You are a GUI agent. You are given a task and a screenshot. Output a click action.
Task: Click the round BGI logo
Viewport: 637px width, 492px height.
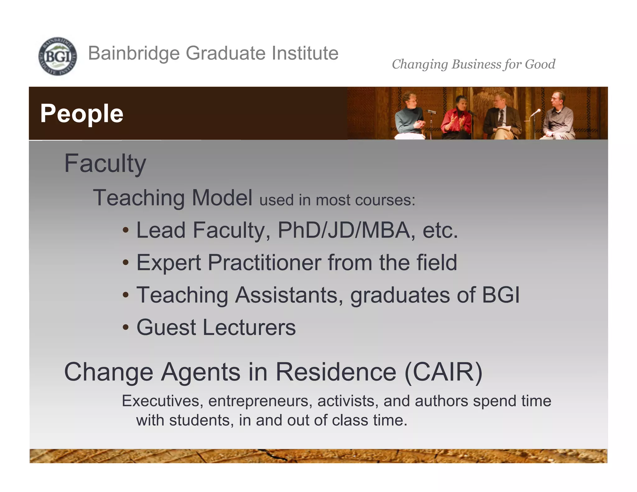coord(58,56)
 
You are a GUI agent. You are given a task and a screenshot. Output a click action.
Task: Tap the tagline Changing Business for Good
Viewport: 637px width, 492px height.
coord(473,64)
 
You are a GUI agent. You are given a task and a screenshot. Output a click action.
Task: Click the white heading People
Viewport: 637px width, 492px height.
coord(82,114)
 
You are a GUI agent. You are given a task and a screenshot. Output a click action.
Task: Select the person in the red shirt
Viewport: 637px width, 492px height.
coord(457,118)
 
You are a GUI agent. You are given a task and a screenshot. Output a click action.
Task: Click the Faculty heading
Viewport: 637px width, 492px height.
coord(105,164)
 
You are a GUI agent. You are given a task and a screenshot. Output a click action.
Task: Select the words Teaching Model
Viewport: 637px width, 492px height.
coord(173,198)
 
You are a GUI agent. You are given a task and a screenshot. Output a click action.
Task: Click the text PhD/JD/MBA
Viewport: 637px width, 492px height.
coord(344,230)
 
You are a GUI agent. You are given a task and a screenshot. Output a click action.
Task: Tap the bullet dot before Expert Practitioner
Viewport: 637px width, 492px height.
coord(125,263)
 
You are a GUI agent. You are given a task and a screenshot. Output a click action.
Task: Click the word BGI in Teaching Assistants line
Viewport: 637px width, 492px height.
coord(500,295)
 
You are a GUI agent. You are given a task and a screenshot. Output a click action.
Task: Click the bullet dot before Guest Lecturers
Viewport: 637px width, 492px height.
coord(125,328)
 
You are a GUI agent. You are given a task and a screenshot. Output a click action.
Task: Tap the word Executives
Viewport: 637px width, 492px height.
coord(160,401)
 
